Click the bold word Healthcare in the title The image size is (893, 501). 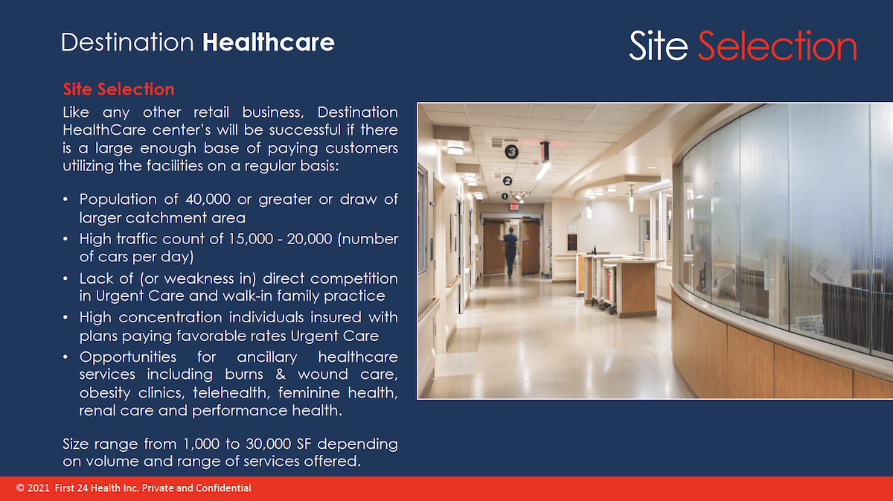[x=269, y=42]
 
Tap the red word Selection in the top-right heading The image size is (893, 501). [x=777, y=45]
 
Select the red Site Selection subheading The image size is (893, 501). [x=119, y=89]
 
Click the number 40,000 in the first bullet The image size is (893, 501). [x=208, y=199]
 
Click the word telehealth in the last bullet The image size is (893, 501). [x=231, y=393]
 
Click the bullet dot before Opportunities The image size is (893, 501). [x=65, y=357]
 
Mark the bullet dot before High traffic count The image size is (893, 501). [x=65, y=239]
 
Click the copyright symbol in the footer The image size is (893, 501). [x=20, y=488]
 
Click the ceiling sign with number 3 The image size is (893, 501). [x=511, y=152]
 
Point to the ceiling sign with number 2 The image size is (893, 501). [x=507, y=181]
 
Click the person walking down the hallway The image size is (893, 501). [x=510, y=252]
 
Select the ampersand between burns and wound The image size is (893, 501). [x=281, y=374]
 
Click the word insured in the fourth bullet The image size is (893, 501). [x=336, y=318]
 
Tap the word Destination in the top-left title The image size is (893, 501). [x=127, y=42]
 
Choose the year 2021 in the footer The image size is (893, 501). [x=39, y=488]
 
